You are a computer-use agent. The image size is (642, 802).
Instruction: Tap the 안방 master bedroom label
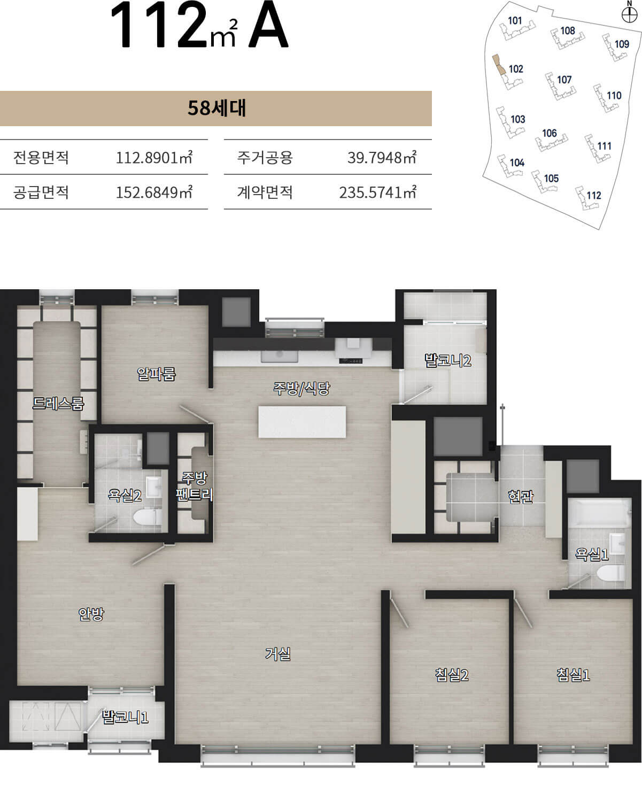click(x=91, y=614)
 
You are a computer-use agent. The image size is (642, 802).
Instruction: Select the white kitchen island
click(x=302, y=422)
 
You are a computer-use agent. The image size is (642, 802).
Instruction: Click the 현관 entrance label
click(x=521, y=496)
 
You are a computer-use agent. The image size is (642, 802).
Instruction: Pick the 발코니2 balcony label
click(x=447, y=360)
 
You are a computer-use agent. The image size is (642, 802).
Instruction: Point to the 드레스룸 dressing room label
click(x=58, y=403)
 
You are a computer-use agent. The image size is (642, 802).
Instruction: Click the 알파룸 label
click(x=156, y=374)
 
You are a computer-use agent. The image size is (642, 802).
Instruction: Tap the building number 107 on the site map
click(x=564, y=80)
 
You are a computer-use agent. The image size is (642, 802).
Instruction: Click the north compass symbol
click(x=629, y=14)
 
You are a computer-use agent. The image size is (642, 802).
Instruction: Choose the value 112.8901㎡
click(x=154, y=157)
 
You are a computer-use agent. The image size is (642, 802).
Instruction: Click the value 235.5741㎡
click(x=377, y=192)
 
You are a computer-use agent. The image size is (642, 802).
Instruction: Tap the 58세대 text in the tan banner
click(x=216, y=108)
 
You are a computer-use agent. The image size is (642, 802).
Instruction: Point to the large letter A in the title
click(x=268, y=25)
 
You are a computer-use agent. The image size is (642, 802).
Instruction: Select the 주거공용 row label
click(x=265, y=157)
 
